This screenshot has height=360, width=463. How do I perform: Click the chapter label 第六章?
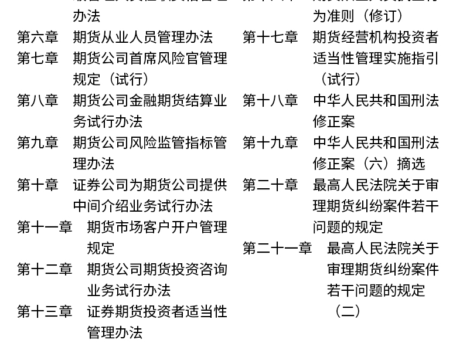(x=38, y=38)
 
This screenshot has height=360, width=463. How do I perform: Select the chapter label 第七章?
(x=38, y=59)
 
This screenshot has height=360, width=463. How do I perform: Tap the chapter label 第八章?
(x=38, y=101)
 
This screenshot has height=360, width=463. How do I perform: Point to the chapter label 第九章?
(x=38, y=143)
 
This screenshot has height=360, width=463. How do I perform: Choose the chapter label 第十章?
(x=38, y=185)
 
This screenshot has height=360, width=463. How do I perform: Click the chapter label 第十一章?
(x=45, y=227)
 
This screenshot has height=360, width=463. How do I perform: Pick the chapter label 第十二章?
(x=45, y=270)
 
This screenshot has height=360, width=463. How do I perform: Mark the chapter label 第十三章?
(x=45, y=312)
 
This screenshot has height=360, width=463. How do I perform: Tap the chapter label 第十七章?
(x=270, y=38)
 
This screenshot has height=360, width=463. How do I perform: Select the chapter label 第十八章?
(x=270, y=101)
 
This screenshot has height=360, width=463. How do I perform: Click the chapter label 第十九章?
(x=270, y=143)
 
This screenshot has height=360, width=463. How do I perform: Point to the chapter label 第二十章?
(x=270, y=185)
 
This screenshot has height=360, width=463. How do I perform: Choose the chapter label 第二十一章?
(x=277, y=249)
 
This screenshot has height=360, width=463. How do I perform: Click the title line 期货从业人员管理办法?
(x=142, y=38)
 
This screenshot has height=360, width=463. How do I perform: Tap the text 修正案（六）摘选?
(x=369, y=164)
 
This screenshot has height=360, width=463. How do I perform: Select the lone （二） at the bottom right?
(x=347, y=312)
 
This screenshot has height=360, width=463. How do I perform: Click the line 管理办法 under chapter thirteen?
(x=115, y=333)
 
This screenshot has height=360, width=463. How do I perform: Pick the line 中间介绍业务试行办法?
(x=142, y=206)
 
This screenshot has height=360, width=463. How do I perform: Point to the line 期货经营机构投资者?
(x=376, y=38)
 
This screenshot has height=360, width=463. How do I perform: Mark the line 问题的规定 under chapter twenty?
(x=348, y=227)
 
